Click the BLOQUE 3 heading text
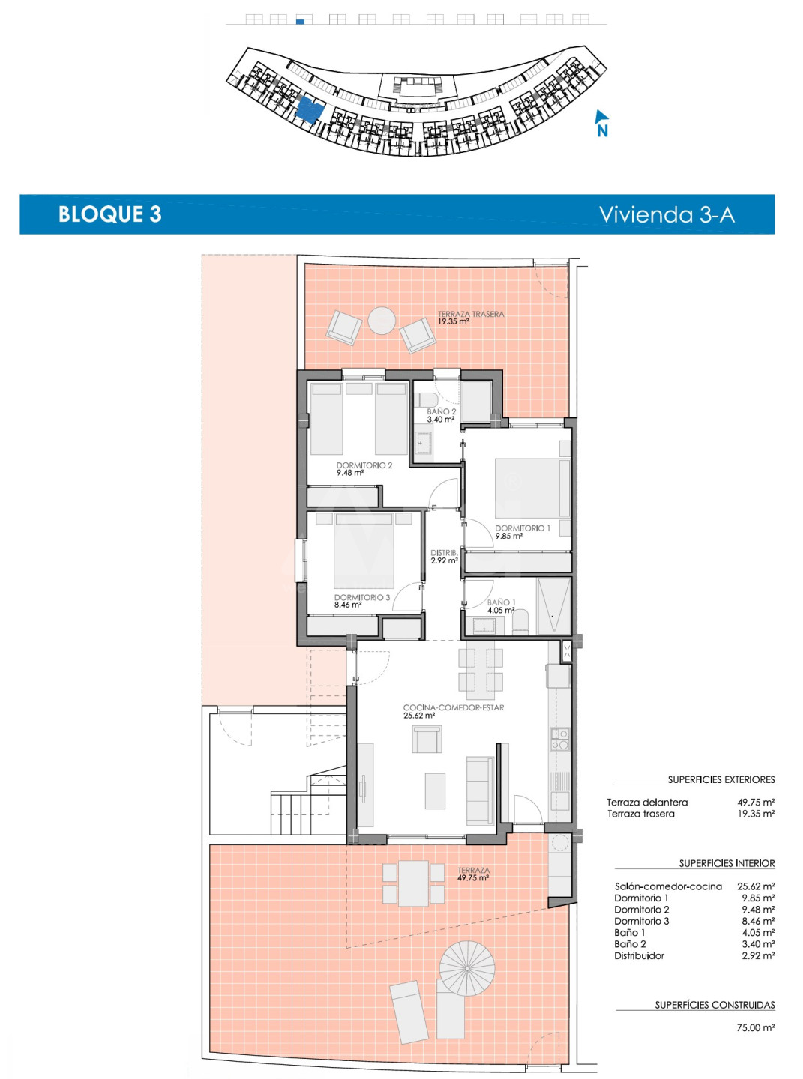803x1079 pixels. click(x=110, y=214)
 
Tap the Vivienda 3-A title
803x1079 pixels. click(x=666, y=214)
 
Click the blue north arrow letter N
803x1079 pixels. click(x=602, y=130)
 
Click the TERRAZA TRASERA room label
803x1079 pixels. click(x=470, y=314)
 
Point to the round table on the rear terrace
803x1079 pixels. click(x=382, y=320)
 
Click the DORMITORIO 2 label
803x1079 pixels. click(x=364, y=465)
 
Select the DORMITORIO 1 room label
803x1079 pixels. click(x=523, y=528)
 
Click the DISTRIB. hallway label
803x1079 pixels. click(x=444, y=553)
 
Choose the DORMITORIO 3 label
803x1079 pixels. click(x=362, y=597)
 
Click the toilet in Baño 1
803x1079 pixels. click(x=520, y=623)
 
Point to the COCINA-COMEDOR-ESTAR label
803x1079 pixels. click(x=454, y=708)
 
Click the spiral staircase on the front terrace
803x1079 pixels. click(x=467, y=969)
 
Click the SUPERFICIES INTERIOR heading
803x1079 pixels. click(x=727, y=863)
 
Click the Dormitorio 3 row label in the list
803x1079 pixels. click(x=641, y=921)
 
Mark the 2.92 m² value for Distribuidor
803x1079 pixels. click(x=758, y=955)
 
